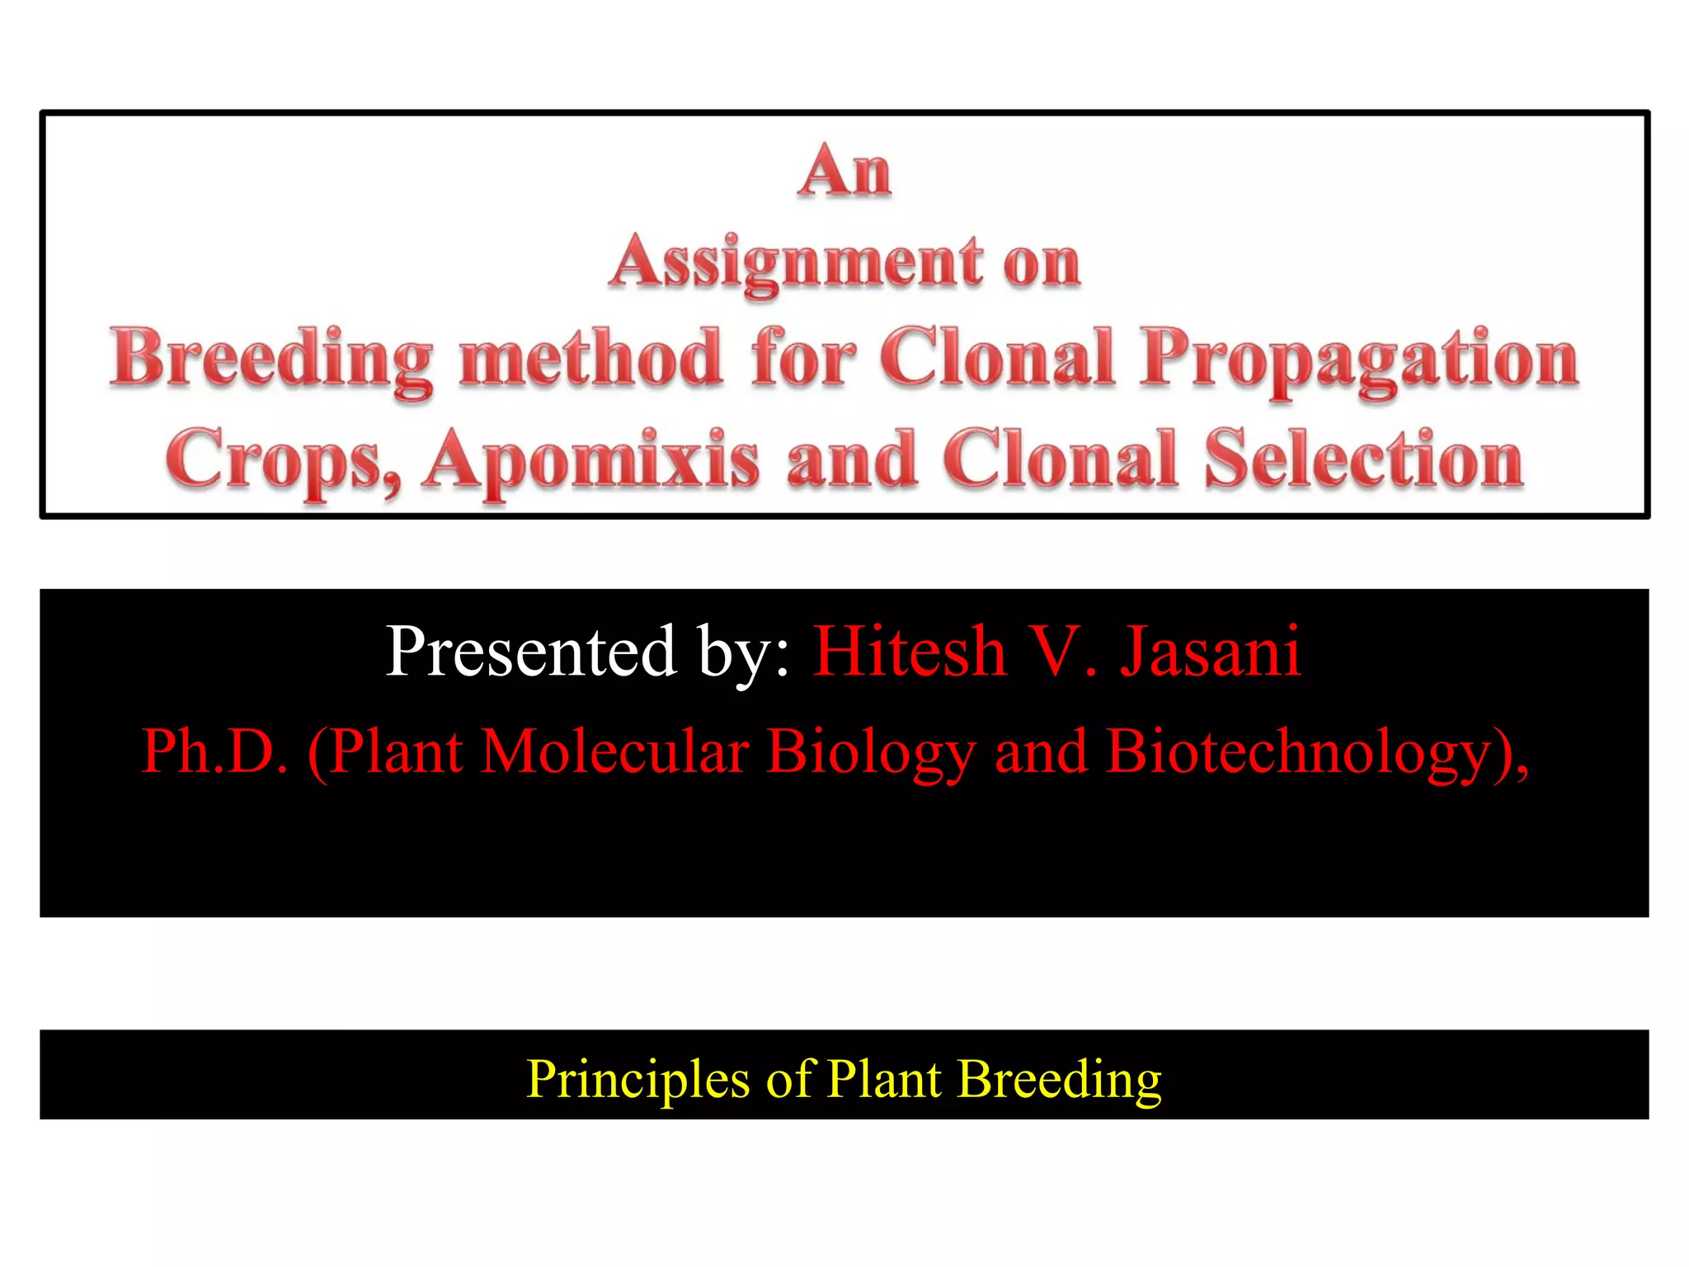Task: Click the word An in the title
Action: coord(844,172)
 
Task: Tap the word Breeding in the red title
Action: coord(272,360)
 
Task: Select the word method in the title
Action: coord(591,358)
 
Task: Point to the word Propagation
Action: coord(1360,360)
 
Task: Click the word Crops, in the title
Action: coord(284,460)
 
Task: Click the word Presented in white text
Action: coord(532,652)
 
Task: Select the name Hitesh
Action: coord(910,652)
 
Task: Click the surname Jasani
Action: coord(1210,652)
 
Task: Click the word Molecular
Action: coord(615,751)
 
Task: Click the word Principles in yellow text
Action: coord(638,1079)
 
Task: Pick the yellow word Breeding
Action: coord(1060,1079)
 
